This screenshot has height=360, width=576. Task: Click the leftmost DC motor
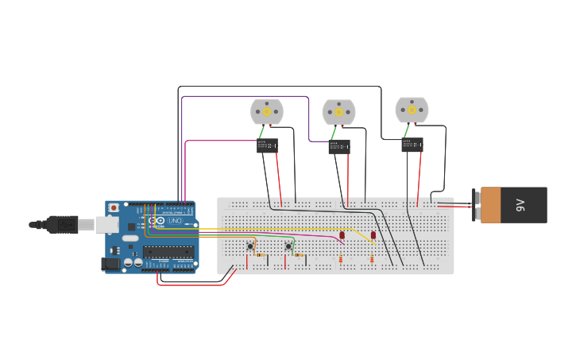[x=267, y=111]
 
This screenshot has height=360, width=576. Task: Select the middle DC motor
[x=338, y=112]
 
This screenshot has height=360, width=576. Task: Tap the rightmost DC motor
[x=412, y=110]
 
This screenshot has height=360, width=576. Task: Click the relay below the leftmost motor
[x=267, y=145]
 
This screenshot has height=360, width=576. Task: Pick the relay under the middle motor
[x=339, y=146]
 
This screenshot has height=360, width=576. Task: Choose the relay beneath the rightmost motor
[x=412, y=145]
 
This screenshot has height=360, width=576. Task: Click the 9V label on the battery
[x=521, y=205]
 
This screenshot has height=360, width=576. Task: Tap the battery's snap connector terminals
[x=476, y=205]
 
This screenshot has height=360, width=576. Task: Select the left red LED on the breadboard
[x=342, y=235]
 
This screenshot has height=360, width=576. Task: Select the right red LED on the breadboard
[x=373, y=235]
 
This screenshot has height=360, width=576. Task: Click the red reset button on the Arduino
[x=114, y=208]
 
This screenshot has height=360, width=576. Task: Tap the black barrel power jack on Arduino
[x=110, y=263]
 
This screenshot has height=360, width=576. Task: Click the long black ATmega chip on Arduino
[x=168, y=252]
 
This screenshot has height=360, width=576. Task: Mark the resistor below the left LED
[x=341, y=259]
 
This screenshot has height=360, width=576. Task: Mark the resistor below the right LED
[x=371, y=259]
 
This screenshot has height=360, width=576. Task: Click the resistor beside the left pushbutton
[x=261, y=255]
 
